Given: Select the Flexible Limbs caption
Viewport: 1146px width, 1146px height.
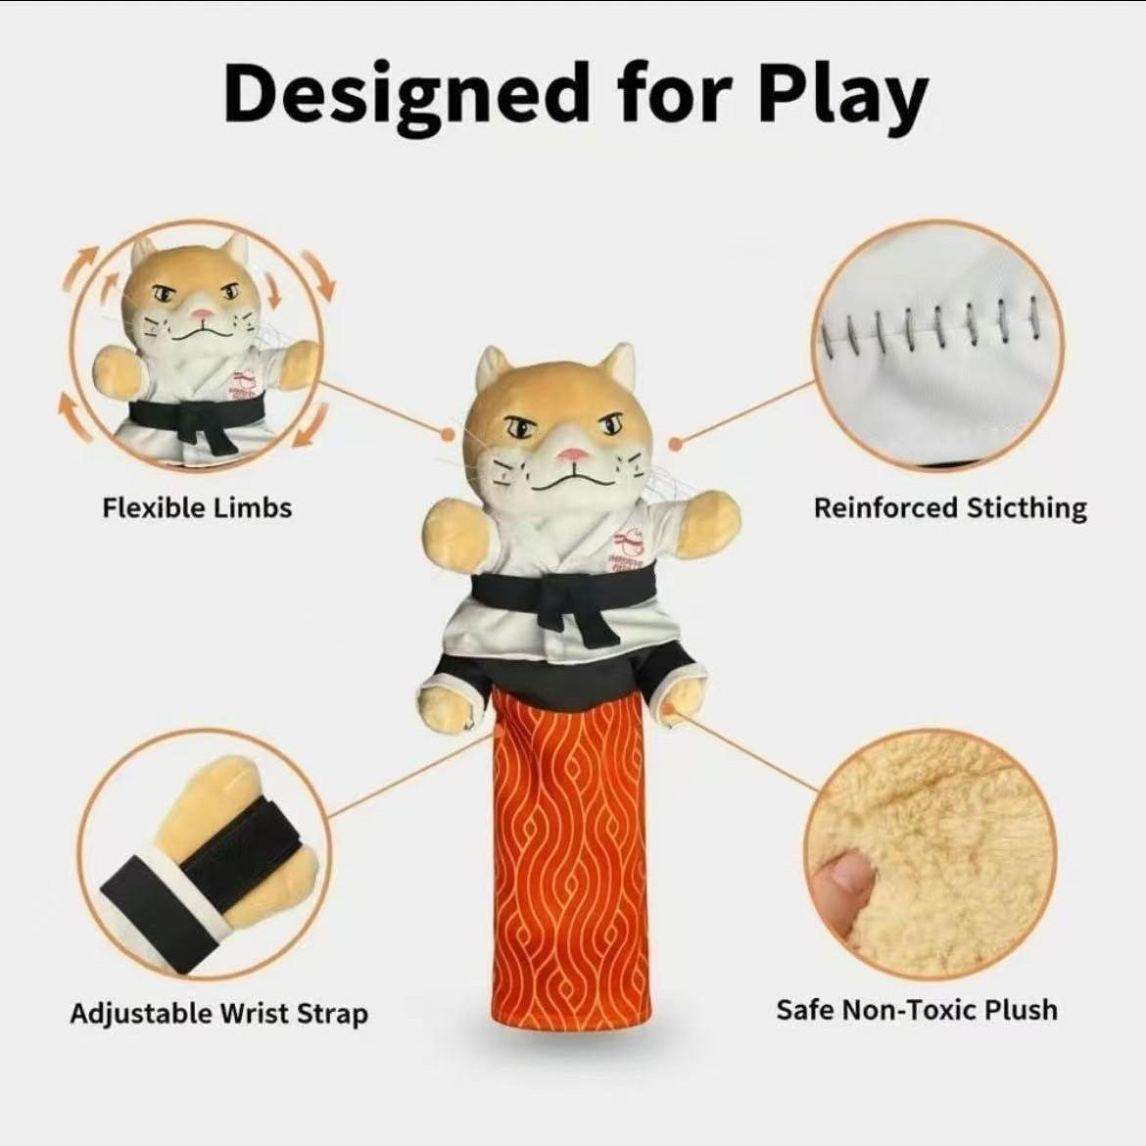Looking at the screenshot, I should click(x=197, y=507).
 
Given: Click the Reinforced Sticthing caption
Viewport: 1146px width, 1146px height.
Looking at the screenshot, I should click(x=950, y=507).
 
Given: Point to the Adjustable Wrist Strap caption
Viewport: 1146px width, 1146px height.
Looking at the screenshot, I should click(x=218, y=1013).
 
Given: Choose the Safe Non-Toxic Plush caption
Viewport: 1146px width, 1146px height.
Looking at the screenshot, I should click(x=917, y=1009).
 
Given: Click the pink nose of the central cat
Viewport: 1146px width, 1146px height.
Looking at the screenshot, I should click(x=574, y=454).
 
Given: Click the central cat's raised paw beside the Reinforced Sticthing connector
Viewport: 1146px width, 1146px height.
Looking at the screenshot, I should click(x=707, y=521).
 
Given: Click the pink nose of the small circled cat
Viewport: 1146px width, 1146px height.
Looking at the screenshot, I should click(x=202, y=316).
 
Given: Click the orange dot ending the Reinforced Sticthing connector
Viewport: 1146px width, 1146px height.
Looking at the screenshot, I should click(x=676, y=445).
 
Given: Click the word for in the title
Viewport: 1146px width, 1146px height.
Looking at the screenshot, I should click(x=674, y=94).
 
